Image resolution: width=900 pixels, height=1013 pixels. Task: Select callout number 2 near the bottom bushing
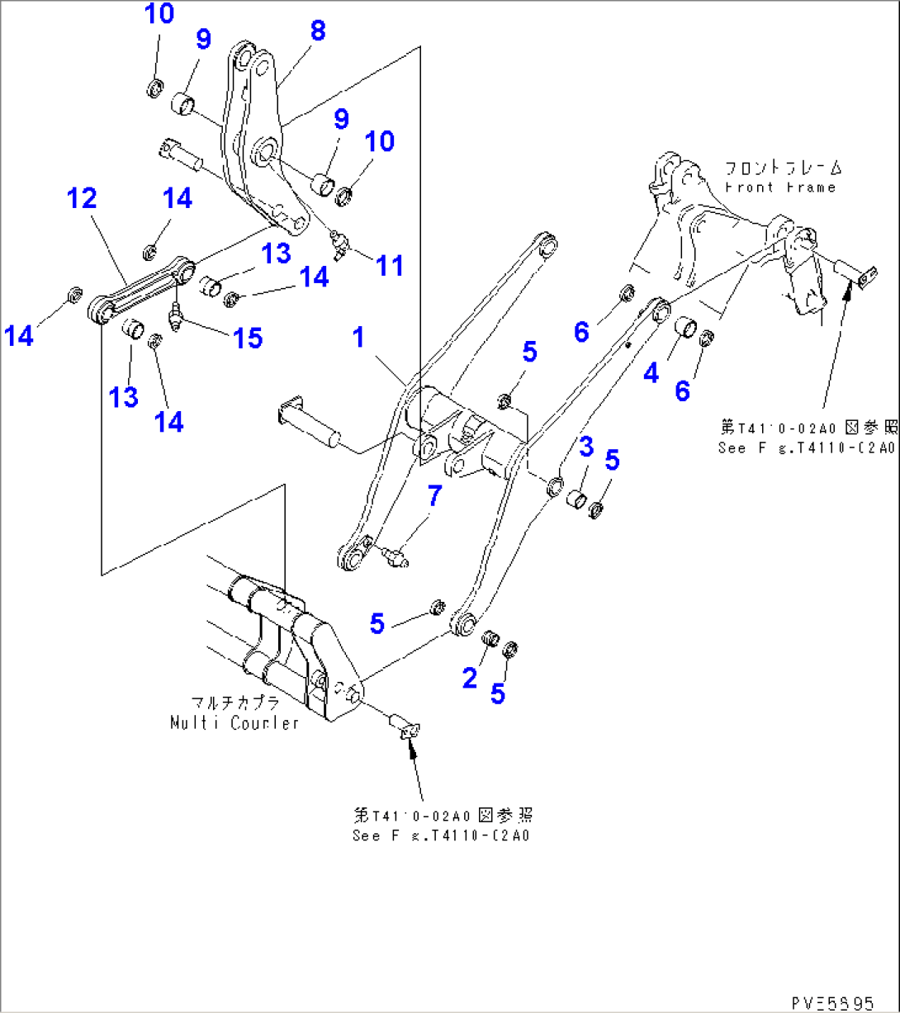470,679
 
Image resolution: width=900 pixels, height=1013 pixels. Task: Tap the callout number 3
585,449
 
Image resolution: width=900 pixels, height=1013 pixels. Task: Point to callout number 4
651,373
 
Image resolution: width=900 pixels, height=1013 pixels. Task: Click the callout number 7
434,496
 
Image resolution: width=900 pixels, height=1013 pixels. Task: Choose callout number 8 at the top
318,31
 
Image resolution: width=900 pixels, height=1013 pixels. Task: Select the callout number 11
390,266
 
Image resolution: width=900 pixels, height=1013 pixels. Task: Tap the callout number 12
83,198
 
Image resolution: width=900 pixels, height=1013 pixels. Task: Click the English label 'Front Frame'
780,187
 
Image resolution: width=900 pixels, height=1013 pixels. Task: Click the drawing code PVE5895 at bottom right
831,1002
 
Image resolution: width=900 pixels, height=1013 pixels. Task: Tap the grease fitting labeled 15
176,318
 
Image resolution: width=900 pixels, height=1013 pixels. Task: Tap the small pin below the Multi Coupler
403,727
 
